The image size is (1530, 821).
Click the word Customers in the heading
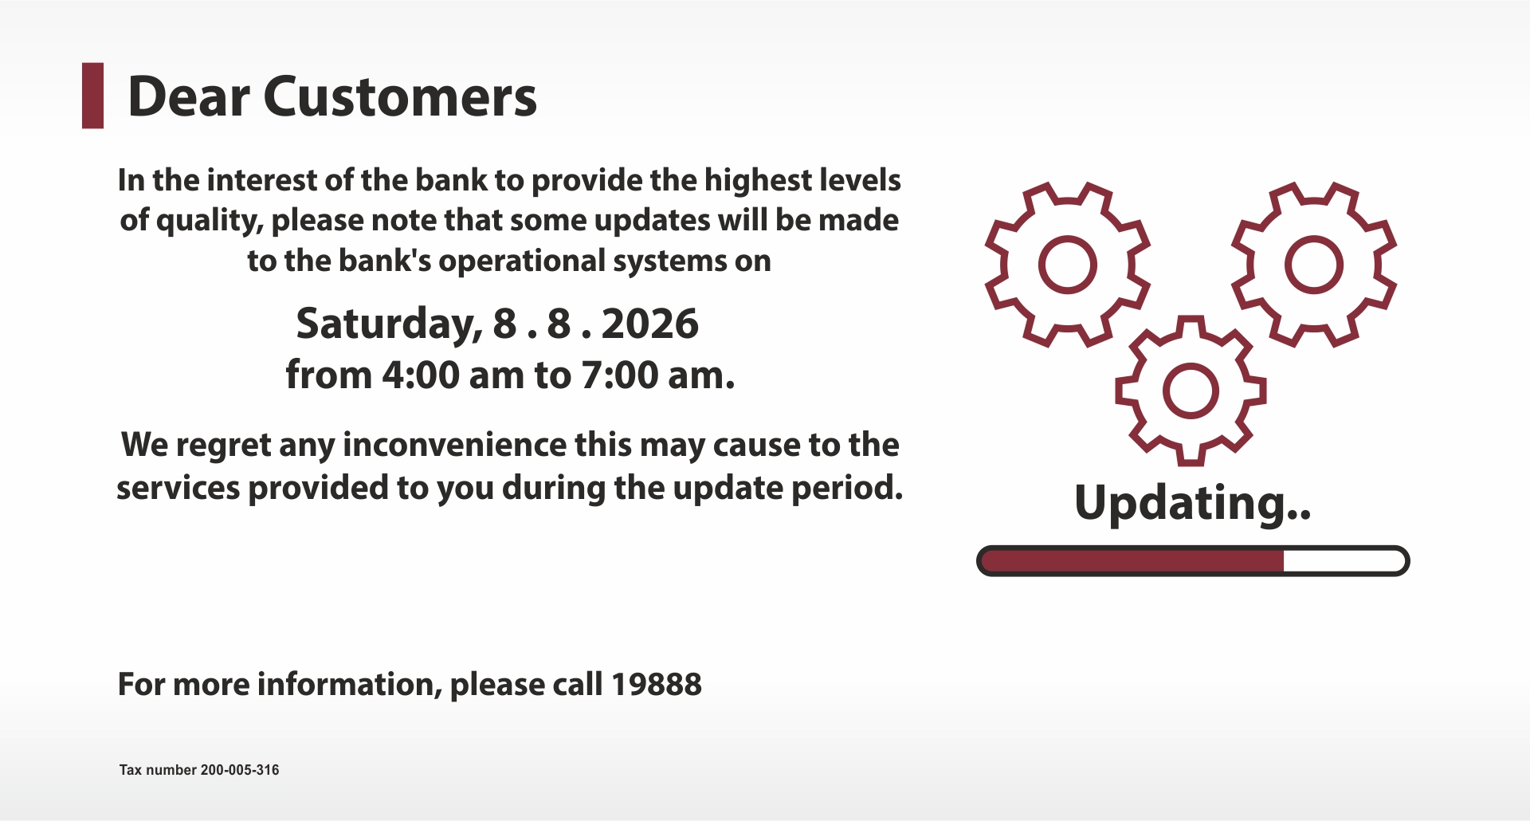point(400,96)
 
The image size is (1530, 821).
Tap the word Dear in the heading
point(189,96)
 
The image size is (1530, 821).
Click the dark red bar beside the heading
point(93,96)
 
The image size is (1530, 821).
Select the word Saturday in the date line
point(389,324)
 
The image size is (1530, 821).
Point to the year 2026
point(649,324)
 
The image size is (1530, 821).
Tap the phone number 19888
point(657,684)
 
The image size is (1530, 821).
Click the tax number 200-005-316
point(240,770)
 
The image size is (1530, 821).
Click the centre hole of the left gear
point(1068,265)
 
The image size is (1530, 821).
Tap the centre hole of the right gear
point(1314,265)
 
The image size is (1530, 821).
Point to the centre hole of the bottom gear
point(1191,391)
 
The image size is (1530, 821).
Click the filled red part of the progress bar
point(1132,561)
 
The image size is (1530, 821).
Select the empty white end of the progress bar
point(1344,561)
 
